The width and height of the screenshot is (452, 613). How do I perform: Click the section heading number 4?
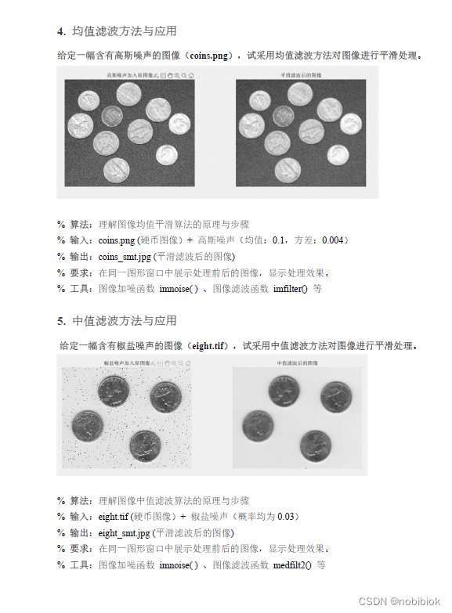point(60,31)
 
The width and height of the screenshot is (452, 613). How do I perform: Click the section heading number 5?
point(60,321)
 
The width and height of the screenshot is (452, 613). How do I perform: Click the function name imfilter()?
point(290,288)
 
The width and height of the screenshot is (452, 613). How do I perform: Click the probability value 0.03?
point(288,517)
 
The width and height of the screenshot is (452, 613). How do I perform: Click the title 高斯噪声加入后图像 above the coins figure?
point(131,75)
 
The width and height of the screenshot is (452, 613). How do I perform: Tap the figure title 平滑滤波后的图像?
point(301,75)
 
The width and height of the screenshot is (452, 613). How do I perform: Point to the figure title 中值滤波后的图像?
point(298,364)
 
